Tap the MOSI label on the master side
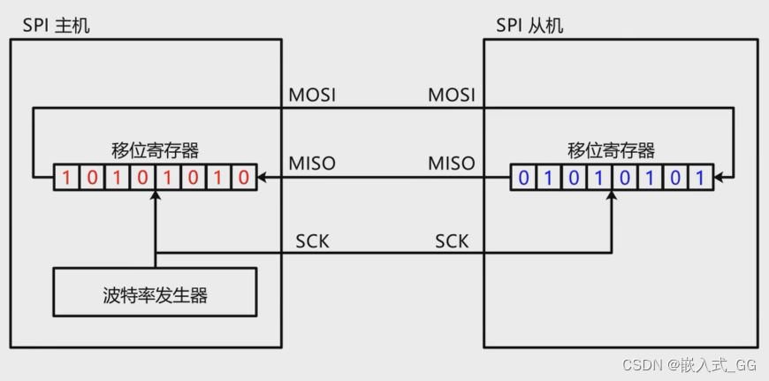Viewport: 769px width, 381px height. [x=312, y=95]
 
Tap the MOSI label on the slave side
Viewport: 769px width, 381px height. [x=451, y=95]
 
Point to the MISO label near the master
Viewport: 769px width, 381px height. [x=312, y=164]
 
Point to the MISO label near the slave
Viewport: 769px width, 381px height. [x=451, y=164]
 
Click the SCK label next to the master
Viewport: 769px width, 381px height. [x=312, y=240]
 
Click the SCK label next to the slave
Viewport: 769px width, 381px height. [x=452, y=240]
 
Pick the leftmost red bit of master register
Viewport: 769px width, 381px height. [x=65, y=178]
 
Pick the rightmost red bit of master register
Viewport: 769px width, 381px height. [x=244, y=178]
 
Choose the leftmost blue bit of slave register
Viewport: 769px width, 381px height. [x=522, y=178]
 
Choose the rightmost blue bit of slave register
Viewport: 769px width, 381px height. [x=700, y=178]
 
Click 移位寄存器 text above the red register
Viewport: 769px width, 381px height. [x=155, y=149]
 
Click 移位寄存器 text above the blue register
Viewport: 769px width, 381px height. [x=612, y=149]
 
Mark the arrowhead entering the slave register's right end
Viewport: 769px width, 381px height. [x=720, y=178]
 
